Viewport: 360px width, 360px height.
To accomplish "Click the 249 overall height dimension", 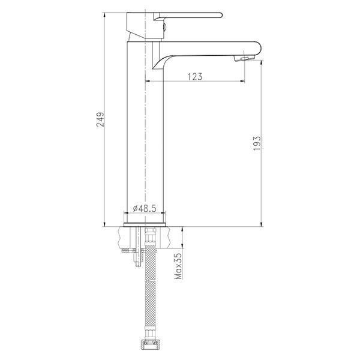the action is pyautogui.click(x=100, y=119).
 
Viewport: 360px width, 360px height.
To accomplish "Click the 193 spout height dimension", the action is pyautogui.click(x=257, y=143).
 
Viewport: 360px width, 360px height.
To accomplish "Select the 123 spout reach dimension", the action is pyautogui.click(x=195, y=77).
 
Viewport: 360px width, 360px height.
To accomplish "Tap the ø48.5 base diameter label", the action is pyautogui.click(x=145, y=208).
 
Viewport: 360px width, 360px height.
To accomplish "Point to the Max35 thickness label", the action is pyautogui.click(x=178, y=266).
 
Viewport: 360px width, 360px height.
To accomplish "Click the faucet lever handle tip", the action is pyautogui.click(x=220, y=15).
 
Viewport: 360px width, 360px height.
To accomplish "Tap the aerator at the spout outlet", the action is pyautogui.click(x=244, y=59).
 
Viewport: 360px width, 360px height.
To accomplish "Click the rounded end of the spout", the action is pyautogui.click(x=258, y=48).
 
